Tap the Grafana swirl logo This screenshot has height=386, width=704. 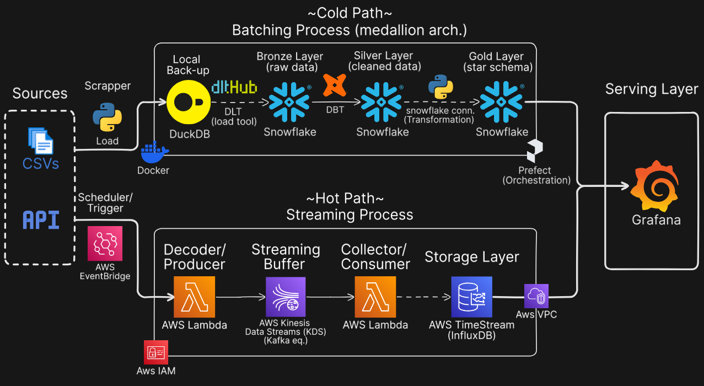click(x=655, y=186)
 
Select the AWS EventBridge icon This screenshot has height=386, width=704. click(x=105, y=243)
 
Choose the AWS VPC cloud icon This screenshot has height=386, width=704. click(x=536, y=296)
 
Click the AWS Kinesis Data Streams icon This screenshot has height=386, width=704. click(x=286, y=296)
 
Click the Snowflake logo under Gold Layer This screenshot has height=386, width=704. click(x=501, y=102)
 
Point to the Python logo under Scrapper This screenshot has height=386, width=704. click(x=107, y=117)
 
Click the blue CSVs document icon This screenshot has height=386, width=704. click(x=40, y=140)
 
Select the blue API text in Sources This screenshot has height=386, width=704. click(x=40, y=220)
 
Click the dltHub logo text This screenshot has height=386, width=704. click(x=234, y=87)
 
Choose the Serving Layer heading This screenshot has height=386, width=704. click(x=652, y=89)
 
